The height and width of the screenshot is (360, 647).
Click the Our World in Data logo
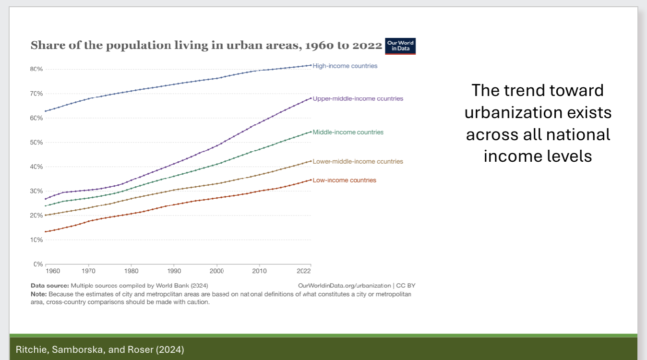coord(400,46)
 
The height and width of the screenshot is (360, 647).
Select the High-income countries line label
coord(345,66)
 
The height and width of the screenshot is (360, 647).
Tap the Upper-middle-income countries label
coord(358,98)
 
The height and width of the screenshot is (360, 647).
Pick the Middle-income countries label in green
coord(348,132)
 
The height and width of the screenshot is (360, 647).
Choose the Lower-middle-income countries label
coord(358,161)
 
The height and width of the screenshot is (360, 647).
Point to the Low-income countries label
coord(344,180)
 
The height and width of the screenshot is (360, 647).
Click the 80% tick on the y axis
coord(36,69)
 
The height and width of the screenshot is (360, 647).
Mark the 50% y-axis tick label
coord(36,143)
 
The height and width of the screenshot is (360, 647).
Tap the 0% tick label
coord(38,264)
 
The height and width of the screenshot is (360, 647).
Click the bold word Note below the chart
coord(38,294)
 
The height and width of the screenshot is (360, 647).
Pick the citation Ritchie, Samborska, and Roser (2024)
coord(100,349)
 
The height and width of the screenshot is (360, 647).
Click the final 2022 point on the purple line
coord(311,98)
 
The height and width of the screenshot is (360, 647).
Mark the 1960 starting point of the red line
coord(46,232)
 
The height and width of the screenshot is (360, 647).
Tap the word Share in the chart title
coord(43,46)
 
